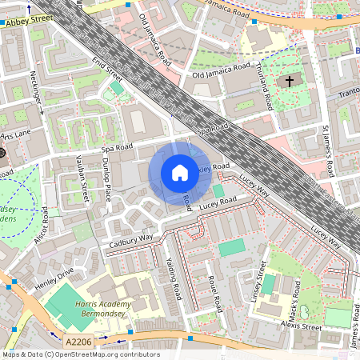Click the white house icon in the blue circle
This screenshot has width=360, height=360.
(x=180, y=172)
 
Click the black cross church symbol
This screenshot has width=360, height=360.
(x=290, y=82)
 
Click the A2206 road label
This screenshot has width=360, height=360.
(x=79, y=342)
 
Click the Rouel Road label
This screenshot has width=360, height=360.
(x=214, y=294)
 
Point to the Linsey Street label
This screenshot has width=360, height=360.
(x=258, y=284)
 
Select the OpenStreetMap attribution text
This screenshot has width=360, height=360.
(x=80, y=354)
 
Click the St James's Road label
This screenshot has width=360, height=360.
(x=328, y=150)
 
